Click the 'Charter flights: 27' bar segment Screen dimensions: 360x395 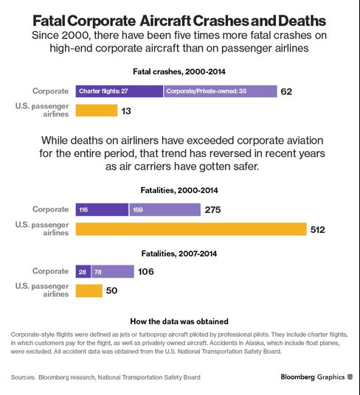(120, 91)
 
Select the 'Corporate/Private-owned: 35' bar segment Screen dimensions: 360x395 (221, 91)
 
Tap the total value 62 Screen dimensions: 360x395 (286, 91)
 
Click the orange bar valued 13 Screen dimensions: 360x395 (97, 111)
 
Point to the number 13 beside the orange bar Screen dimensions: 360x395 (126, 111)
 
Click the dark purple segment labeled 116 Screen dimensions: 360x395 (102, 209)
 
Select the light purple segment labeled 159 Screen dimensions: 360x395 (165, 209)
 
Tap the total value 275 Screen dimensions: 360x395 (212, 210)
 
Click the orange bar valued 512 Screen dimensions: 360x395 (191, 229)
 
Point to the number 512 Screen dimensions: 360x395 (318, 229)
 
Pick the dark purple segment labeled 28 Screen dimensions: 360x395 (83, 271)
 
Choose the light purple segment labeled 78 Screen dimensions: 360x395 (113, 271)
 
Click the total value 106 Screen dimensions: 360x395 (146, 271)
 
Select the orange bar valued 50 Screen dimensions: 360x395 (89, 290)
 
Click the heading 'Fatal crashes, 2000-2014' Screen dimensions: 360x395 (179, 71)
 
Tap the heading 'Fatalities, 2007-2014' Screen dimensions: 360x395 (179, 254)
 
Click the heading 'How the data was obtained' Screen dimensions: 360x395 (179, 321)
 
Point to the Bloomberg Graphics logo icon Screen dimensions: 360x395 (350, 377)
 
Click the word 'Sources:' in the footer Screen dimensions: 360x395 (23, 377)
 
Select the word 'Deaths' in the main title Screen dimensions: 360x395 (302, 21)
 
